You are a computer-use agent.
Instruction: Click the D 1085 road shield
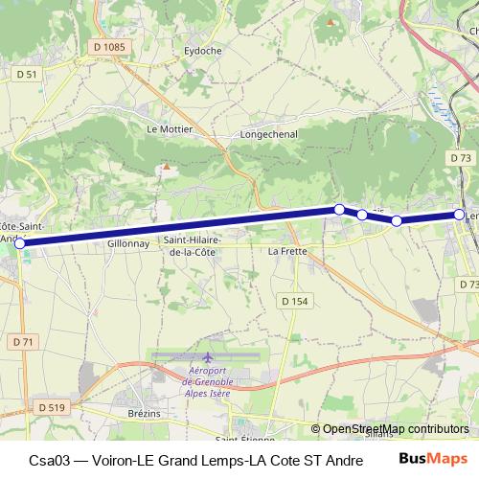pos(111,46)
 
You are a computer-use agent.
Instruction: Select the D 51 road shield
pos(27,73)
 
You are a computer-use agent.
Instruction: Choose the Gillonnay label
pos(127,244)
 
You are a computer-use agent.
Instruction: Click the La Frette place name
pos(287,251)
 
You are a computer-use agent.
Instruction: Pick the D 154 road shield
pos(295,301)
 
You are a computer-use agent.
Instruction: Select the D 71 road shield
pos(24,342)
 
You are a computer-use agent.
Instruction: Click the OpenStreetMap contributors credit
pos(395,429)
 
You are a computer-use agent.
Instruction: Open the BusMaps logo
pos(434,459)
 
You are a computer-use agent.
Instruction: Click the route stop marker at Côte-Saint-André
pos(20,243)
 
